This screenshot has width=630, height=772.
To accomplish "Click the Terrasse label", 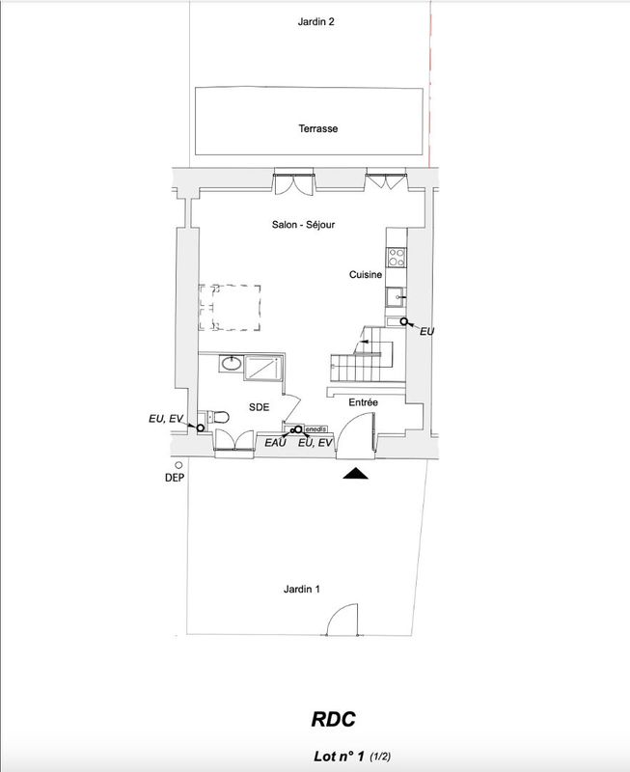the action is point(318,128).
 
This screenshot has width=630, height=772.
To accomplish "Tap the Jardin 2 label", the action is point(316,21).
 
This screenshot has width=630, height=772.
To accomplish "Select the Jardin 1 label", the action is point(302,589).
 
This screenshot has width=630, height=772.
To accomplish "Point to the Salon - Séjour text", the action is point(303,225).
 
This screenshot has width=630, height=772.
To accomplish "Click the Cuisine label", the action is point(366,275).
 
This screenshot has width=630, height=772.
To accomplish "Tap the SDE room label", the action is point(259,407).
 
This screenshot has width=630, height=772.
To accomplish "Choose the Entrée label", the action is point(363,402).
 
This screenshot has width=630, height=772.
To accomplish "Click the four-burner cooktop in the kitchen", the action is point(397,257).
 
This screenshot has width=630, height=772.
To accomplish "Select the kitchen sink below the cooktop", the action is point(396,297).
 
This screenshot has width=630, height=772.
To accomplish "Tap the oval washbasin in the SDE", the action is point(231,364).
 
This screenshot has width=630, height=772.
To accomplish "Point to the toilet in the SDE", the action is point(220,418).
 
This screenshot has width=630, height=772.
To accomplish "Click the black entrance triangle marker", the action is point(355,474).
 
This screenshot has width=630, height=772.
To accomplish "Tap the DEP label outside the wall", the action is point(175,478).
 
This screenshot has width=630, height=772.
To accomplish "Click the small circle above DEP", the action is point(178,465).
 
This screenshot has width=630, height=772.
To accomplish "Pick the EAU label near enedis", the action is point(275,443).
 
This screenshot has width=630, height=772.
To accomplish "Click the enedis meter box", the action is point(315,429).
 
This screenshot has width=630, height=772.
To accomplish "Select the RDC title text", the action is point(333,719).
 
